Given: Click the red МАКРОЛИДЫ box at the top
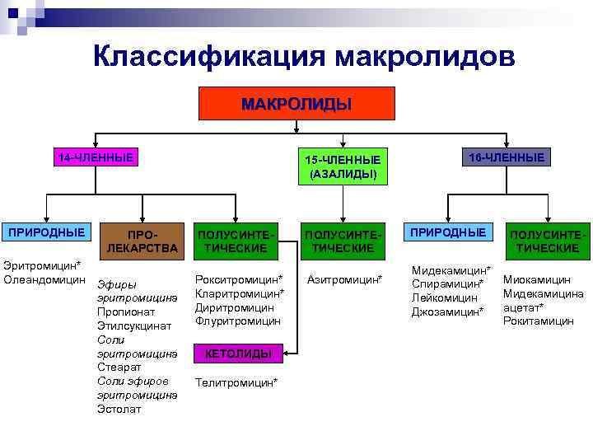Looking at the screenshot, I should [x=296, y=104].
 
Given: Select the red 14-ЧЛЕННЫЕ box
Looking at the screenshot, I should [x=95, y=157].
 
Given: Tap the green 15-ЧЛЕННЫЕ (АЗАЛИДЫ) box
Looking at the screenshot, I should [x=343, y=166].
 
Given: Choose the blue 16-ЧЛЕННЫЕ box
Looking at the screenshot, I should [x=506, y=157].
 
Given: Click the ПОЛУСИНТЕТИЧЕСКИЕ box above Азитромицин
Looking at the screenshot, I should [x=343, y=240].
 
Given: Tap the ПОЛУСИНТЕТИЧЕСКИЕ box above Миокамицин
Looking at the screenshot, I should [x=549, y=240].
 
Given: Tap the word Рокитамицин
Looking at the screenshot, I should [x=538, y=321].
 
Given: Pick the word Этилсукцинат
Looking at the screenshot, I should [x=134, y=326].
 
